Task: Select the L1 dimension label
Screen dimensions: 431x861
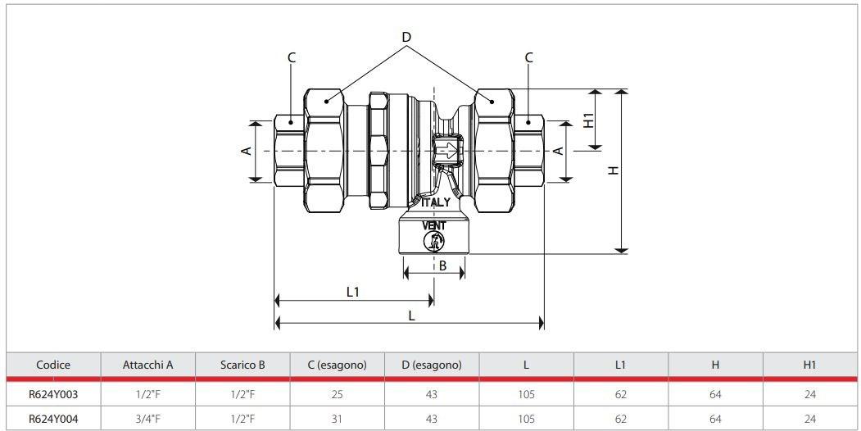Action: (353, 292)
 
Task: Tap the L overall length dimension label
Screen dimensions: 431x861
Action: (410, 314)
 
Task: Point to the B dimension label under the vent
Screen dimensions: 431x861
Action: (442, 265)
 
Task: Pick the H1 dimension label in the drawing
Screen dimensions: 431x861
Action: (588, 120)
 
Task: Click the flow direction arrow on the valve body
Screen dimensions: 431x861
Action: (448, 152)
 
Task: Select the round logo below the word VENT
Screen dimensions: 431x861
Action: (435, 241)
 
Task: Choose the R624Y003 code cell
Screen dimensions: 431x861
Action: (53, 393)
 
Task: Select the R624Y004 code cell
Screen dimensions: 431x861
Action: (53, 416)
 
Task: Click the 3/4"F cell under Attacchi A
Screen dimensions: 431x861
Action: (147, 416)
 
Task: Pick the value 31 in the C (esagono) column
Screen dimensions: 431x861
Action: (337, 416)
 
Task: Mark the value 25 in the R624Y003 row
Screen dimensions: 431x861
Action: (337, 393)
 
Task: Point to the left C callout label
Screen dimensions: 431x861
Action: (292, 57)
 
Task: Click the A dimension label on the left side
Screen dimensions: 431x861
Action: (245, 152)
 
